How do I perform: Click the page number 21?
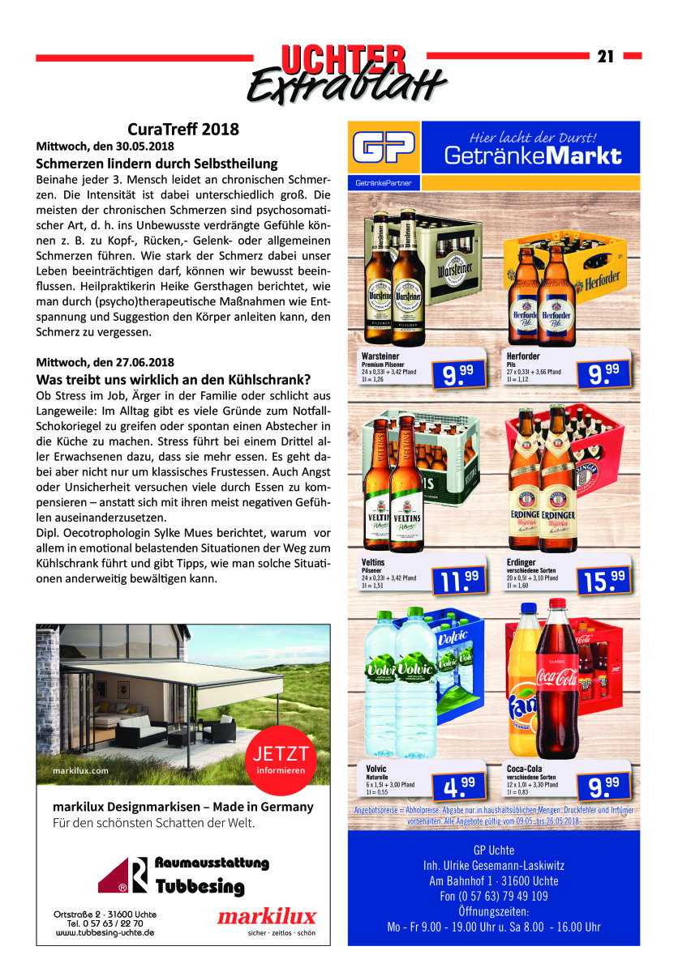[605, 56]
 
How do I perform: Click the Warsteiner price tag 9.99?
[456, 372]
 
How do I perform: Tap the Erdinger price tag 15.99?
[604, 578]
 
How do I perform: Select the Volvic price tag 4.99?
[456, 784]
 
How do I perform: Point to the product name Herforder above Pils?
[524, 356]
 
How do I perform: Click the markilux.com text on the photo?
[80, 770]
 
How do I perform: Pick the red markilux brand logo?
[267, 916]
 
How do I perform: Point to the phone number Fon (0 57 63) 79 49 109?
[493, 896]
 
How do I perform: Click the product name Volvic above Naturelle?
[376, 768]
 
